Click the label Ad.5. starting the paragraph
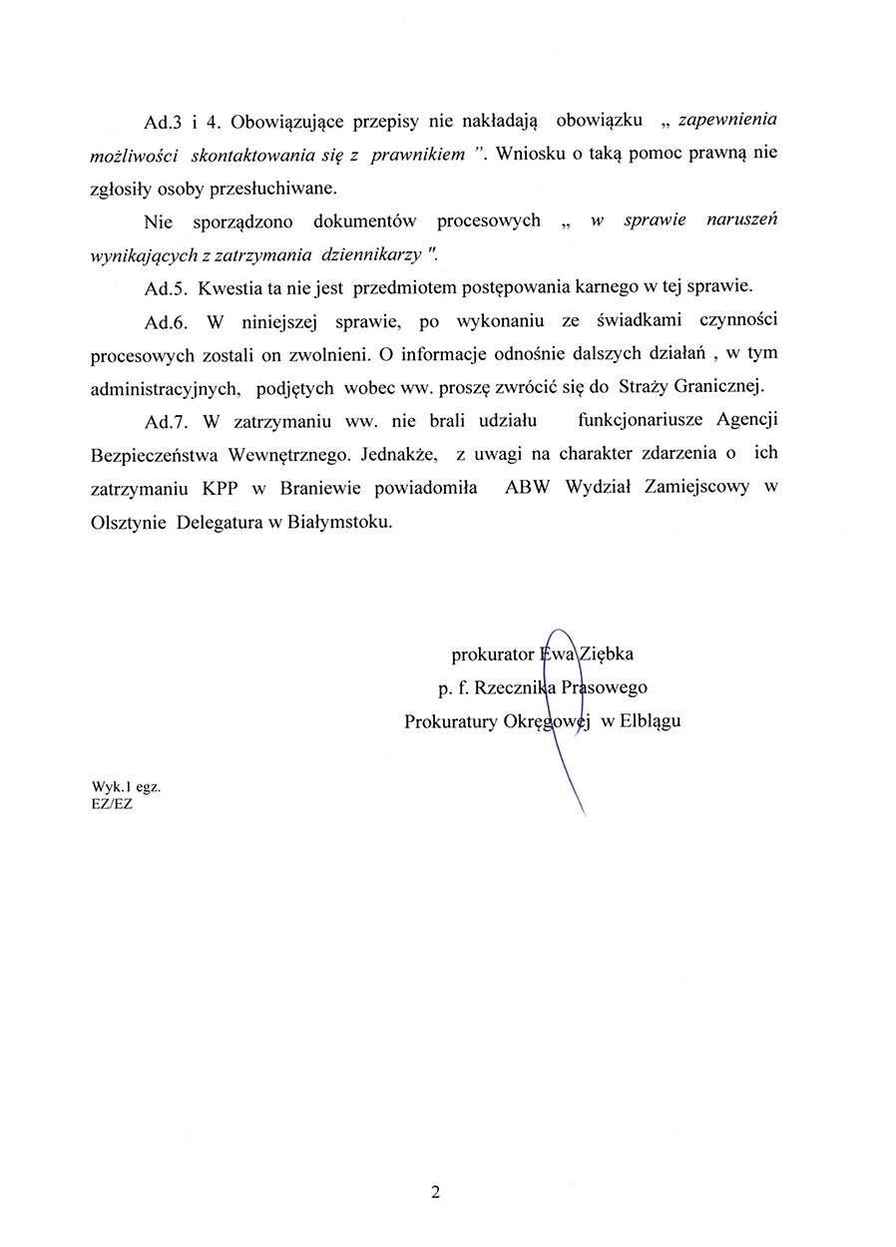165,287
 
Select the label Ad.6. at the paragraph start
165,321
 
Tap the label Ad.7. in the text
165,420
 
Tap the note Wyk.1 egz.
126,786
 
